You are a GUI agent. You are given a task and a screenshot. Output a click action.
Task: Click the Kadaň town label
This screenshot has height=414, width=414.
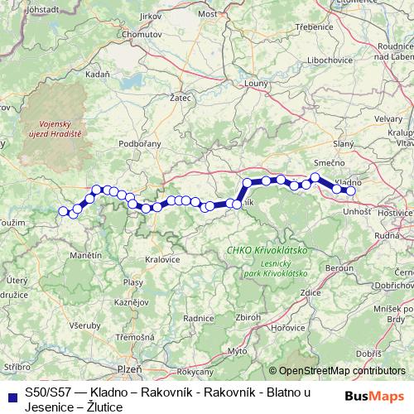click(97, 74)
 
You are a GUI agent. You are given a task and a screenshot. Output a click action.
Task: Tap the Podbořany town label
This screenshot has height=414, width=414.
click(136, 142)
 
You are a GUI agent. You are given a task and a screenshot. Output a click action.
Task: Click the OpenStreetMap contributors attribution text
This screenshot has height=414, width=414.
click(342, 371)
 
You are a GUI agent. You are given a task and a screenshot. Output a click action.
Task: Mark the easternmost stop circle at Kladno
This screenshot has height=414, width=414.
click(350, 191)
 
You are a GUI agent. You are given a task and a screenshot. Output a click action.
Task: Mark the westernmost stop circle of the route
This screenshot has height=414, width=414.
click(63, 211)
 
